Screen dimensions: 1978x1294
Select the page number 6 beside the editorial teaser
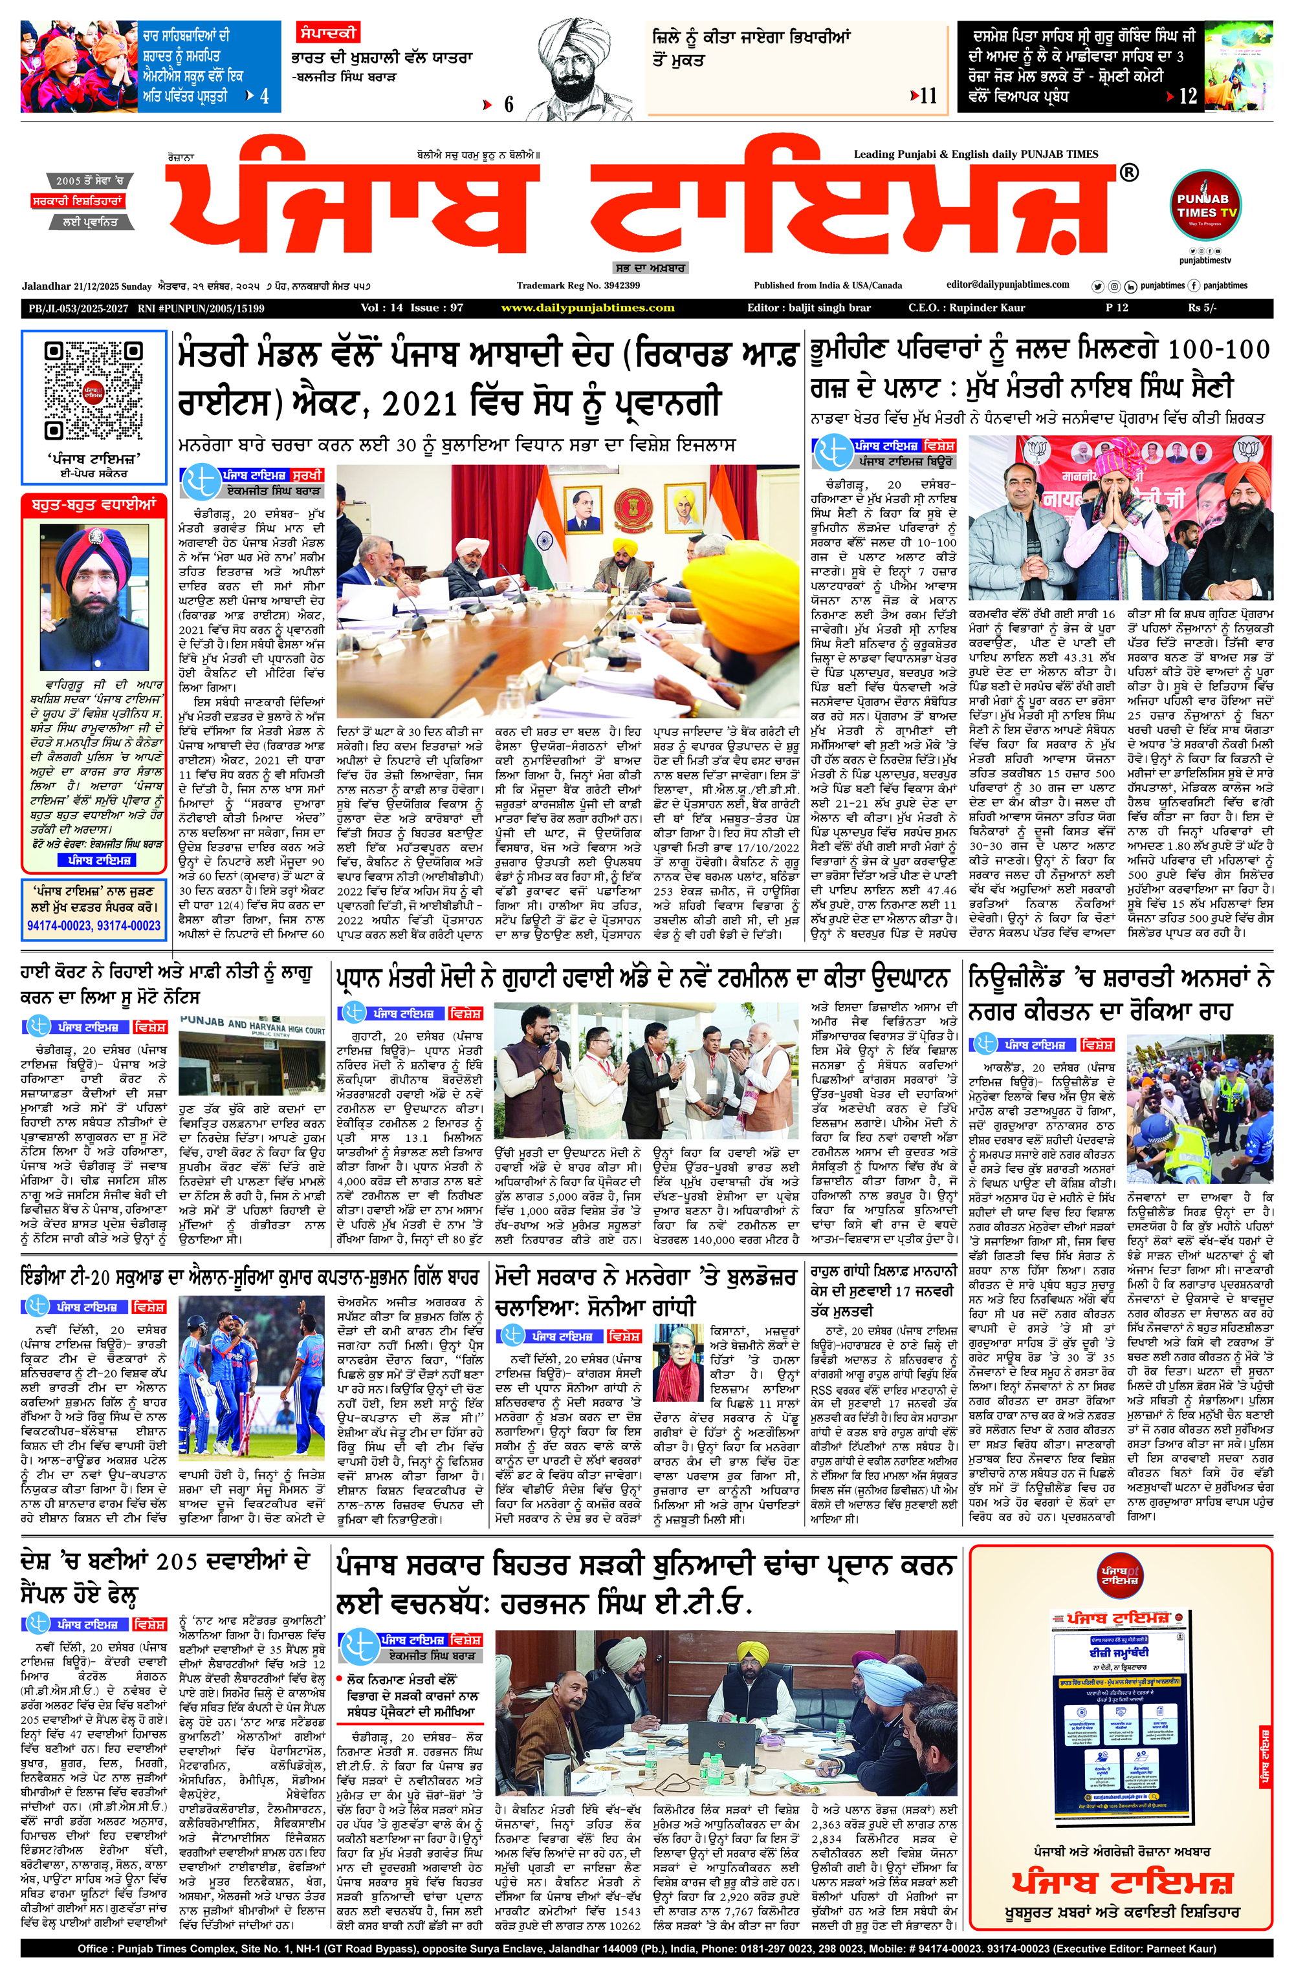pos(508,105)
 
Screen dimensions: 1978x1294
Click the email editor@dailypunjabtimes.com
pos(1008,285)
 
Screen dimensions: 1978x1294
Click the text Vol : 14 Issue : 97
pos(411,308)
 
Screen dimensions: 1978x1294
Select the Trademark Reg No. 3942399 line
pos(578,286)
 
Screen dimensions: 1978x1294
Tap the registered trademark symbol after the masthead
pos(1128,173)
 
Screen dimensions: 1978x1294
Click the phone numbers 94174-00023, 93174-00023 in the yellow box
pos(93,925)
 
